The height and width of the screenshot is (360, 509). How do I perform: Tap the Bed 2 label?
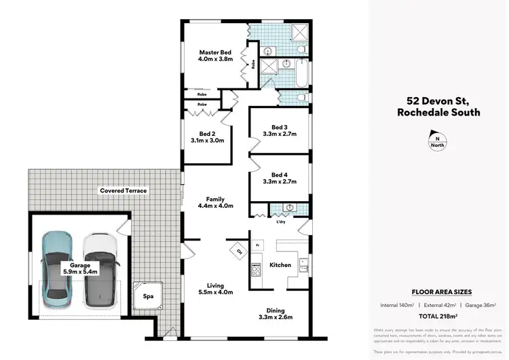pyautogui.click(x=208, y=134)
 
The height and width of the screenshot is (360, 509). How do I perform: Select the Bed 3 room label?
pyautogui.click(x=280, y=127)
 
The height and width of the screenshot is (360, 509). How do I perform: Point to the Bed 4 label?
pyautogui.click(x=280, y=175)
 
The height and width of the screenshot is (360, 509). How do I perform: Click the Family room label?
pyautogui.click(x=215, y=199)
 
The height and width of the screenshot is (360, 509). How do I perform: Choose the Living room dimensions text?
pyautogui.click(x=215, y=292)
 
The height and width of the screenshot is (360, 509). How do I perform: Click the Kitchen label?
pyautogui.click(x=280, y=265)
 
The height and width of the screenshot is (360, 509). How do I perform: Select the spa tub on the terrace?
pyautogui.click(x=148, y=296)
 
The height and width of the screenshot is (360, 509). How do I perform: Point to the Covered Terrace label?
pyautogui.click(x=123, y=191)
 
